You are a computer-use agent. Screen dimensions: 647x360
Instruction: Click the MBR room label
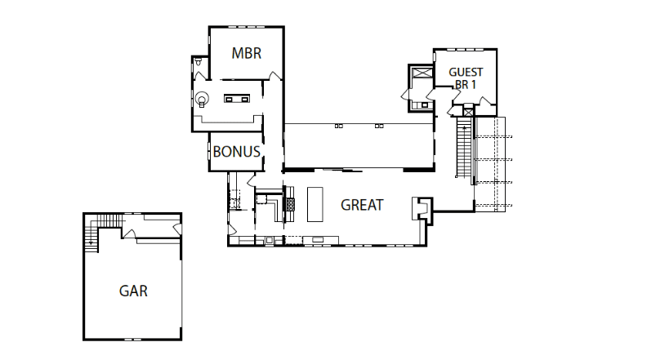point(247,53)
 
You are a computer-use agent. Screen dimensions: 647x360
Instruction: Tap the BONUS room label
point(236,152)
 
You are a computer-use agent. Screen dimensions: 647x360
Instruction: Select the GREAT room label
point(362,205)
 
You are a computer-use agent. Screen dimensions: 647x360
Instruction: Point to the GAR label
point(133,291)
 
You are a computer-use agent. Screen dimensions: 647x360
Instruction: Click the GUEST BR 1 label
point(466,78)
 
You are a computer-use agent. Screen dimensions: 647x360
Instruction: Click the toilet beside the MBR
point(199,62)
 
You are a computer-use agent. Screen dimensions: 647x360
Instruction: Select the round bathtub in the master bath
point(203,99)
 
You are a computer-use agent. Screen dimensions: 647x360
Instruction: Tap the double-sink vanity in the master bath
point(237,99)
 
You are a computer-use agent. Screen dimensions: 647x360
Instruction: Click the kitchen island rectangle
point(315,204)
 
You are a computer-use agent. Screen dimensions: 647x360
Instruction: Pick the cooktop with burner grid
point(291,204)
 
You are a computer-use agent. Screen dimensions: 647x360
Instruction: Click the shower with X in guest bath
point(422,73)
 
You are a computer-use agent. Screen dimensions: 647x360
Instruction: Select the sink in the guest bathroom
point(424,105)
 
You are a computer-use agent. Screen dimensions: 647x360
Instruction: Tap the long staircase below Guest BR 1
point(464,147)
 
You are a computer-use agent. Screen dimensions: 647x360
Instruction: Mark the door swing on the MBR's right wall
point(275,76)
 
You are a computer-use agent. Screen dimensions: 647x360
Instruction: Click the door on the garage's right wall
point(178,229)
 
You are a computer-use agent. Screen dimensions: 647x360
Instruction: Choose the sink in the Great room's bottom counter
point(318,239)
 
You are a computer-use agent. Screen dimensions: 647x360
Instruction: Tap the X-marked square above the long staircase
point(468,112)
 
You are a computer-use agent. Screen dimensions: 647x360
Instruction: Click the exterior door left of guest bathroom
point(405,95)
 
